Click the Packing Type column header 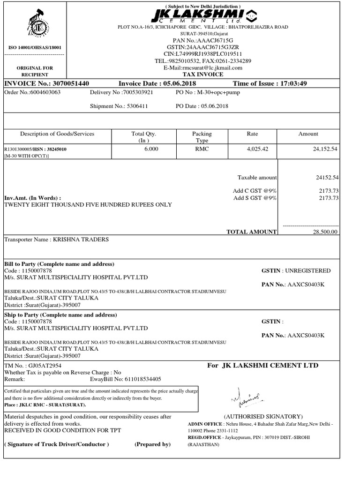[x=202, y=137]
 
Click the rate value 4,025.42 [x=252, y=149]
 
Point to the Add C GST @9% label [x=255, y=190]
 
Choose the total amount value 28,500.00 [x=324, y=232]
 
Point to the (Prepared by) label [x=153, y=444]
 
